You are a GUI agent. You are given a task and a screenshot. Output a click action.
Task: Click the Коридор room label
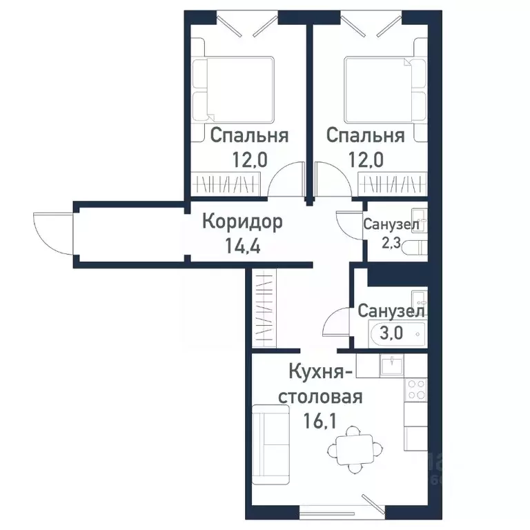pos(242,222)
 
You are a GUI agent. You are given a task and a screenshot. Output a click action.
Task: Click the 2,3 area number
pos(391,242)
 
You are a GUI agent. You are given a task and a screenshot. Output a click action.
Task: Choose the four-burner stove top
pos(416,390)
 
